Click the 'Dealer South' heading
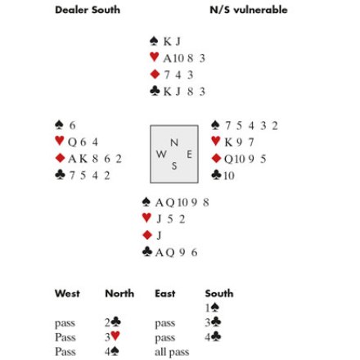(88, 10)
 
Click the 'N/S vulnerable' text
(249, 10)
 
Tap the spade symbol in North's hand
(154, 41)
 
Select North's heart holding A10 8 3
(184, 58)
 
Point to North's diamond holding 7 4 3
(178, 74)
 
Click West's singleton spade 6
(72, 125)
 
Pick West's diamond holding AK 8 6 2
(95, 159)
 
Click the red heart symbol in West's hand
(60, 141)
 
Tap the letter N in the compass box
(174, 142)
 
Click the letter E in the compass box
(189, 155)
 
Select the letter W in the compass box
(161, 154)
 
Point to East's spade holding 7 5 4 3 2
(251, 126)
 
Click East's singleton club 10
(229, 175)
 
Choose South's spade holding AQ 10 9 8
(182, 203)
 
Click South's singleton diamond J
(159, 235)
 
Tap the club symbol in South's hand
(147, 251)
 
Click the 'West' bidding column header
(67, 294)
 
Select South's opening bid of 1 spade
(213, 308)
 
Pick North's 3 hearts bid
(112, 336)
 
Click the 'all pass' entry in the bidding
(172, 352)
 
